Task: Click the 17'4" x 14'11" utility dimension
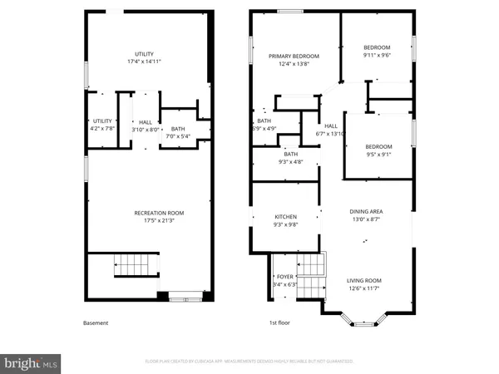(x=145, y=62)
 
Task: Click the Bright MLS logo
(x=32, y=362)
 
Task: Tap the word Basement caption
(x=96, y=322)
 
